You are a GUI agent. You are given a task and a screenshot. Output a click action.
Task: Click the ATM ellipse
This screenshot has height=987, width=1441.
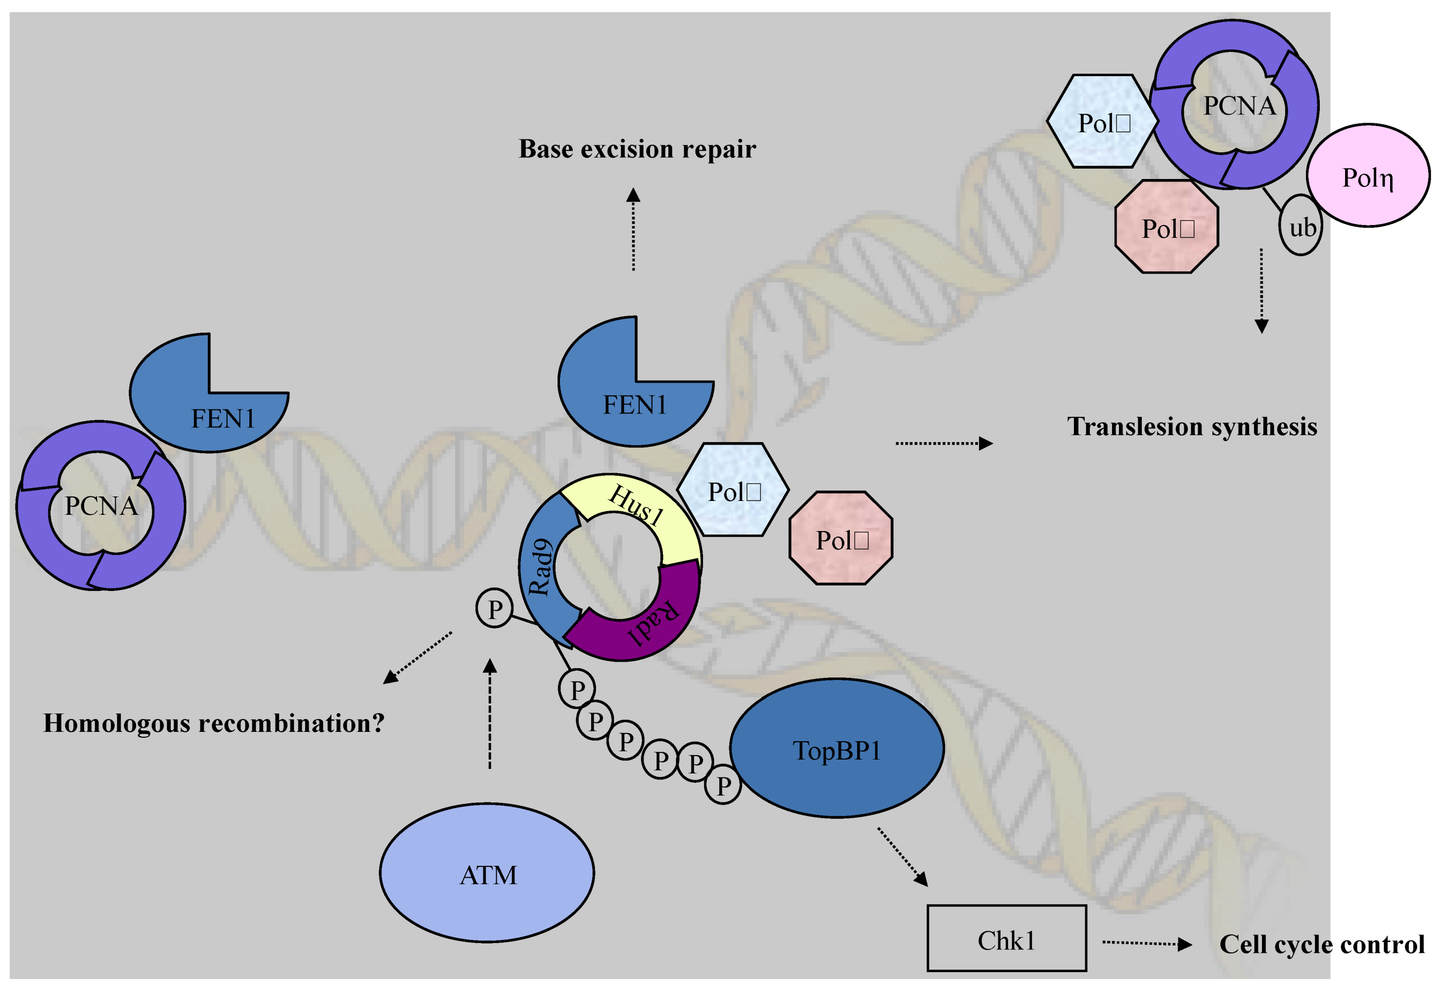point(487,873)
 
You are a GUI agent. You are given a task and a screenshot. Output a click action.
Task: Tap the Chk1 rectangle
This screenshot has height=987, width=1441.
point(1006,939)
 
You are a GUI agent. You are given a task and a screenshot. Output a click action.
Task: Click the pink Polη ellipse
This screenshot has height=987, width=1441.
point(1368,176)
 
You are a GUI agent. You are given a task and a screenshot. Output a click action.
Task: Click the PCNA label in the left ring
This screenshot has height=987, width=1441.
point(101,506)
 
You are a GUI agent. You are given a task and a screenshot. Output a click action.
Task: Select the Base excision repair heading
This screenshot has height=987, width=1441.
point(637,149)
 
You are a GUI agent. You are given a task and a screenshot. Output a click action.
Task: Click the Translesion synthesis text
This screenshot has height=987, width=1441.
point(1192,427)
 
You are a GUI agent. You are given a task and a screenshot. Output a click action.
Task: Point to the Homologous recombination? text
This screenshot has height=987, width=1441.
point(214,723)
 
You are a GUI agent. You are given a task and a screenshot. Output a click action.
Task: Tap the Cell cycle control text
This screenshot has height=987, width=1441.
point(1321,944)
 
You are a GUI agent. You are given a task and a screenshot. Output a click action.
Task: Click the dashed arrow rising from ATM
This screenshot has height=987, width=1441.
point(490,713)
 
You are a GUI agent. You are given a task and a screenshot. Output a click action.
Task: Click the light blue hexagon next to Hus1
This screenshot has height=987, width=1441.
point(733,490)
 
